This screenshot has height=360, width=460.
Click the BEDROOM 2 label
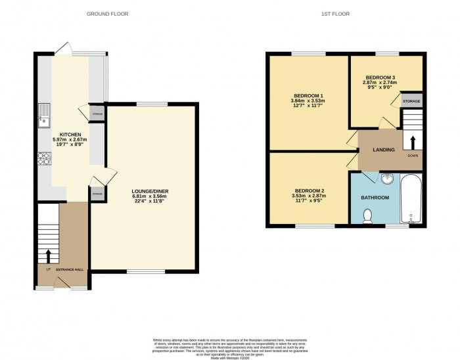[308, 191]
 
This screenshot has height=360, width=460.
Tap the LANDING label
[383, 150]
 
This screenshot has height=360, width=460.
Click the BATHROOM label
[375, 197]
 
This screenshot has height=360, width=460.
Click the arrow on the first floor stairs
[413, 141]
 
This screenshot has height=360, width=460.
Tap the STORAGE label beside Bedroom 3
[411, 101]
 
